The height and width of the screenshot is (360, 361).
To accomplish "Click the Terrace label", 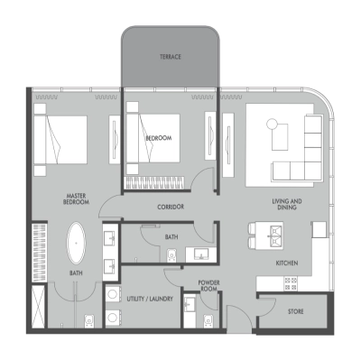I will (171, 57).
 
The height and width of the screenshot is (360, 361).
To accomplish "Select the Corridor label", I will (171, 207).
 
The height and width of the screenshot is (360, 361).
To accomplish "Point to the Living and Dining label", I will (287, 205).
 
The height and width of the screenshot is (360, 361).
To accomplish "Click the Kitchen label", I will (288, 263).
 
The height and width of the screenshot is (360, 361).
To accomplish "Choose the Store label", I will (295, 311).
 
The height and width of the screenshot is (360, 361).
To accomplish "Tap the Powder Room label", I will (209, 286).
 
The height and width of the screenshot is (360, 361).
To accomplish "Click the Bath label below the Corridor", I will (171, 237).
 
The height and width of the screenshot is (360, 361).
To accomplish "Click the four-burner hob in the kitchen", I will (291, 283).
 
